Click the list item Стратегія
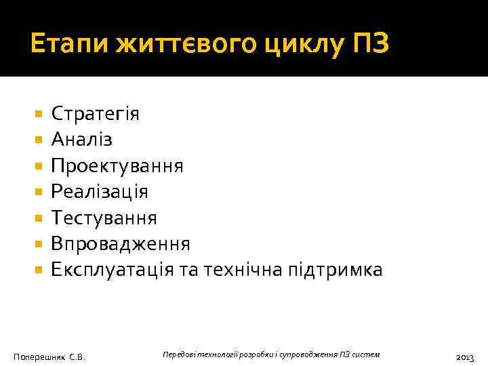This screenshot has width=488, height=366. pos(96,113)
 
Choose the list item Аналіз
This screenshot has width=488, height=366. pos(82,140)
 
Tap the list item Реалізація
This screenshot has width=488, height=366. pos(100,192)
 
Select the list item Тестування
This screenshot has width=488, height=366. pos(104,218)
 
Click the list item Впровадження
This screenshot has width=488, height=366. pos(121,244)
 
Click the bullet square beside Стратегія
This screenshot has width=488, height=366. pos(38,114)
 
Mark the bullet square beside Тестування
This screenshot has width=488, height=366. pos(38,218)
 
